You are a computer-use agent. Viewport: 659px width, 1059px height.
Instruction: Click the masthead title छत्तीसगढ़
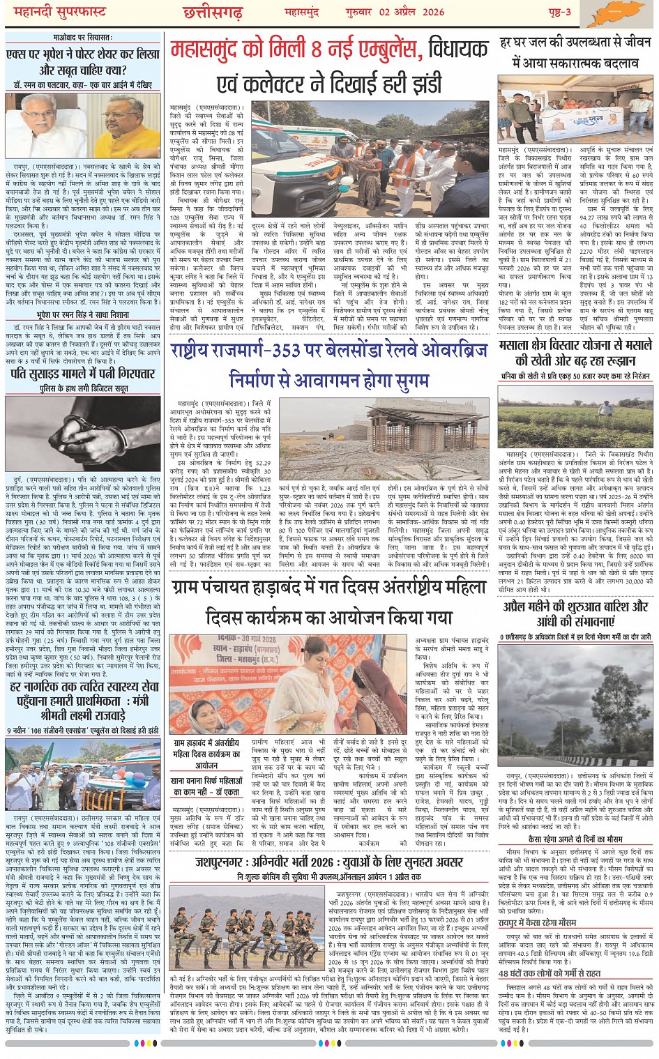point(212,13)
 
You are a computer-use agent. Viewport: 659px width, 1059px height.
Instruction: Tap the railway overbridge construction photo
point(384,439)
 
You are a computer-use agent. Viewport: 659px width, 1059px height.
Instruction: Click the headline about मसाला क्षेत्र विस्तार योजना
point(575,353)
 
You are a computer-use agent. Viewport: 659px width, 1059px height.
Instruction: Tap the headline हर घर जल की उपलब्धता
point(575,52)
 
